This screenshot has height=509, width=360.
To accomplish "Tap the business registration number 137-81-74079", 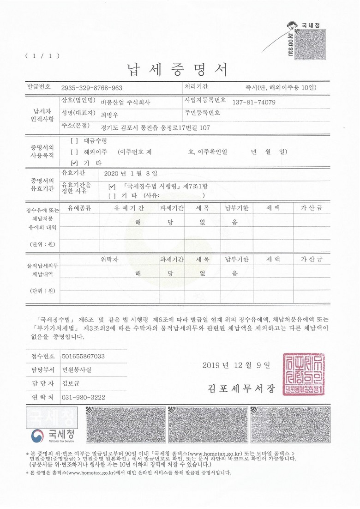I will coord(254,102).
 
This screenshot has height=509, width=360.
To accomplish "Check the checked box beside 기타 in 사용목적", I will coord(75,163).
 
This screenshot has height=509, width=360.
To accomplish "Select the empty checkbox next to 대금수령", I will coord(75,140).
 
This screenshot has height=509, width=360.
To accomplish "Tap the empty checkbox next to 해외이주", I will coord(75,151).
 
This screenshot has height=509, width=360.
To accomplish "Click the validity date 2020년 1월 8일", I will coord(131,174).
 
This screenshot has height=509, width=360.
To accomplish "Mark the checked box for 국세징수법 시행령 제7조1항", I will coord(111,187).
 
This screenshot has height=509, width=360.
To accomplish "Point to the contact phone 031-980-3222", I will coord(83,397).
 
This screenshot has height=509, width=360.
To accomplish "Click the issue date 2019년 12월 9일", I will coord(235,365).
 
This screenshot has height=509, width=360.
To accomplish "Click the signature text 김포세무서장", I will coord(240,388).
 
